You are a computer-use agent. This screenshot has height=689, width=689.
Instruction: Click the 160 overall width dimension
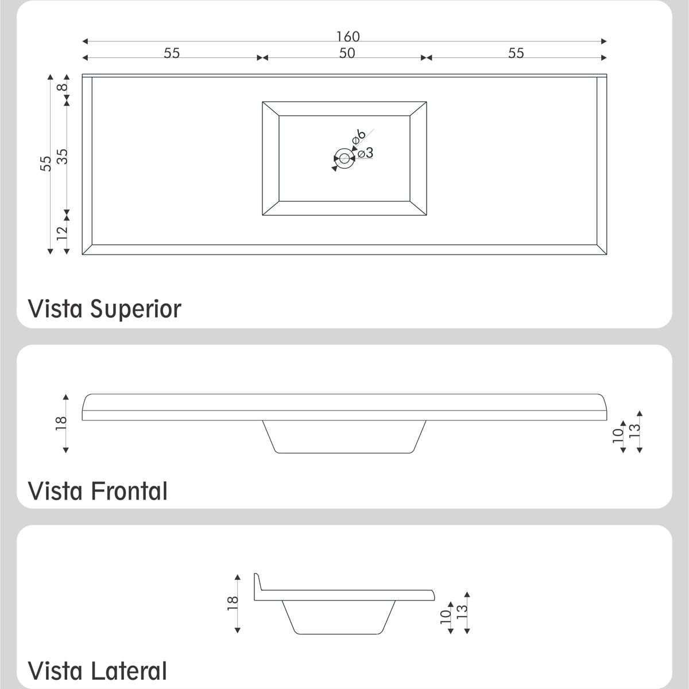348,37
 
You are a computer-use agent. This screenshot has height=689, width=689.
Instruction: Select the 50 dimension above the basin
347,53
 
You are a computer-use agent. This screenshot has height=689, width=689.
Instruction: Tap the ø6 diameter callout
358,136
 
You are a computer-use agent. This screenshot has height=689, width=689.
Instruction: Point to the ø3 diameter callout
365,153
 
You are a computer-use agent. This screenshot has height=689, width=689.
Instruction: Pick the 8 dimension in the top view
62,87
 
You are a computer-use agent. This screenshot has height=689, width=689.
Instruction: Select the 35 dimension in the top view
62,156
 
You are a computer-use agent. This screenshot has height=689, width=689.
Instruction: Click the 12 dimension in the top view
62,233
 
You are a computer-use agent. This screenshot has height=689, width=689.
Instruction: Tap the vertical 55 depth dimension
46,164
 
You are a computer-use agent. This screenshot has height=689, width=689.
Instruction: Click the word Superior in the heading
136,309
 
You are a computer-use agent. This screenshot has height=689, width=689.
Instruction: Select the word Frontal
129,491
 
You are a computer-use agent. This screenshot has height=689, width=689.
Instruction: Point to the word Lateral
129,671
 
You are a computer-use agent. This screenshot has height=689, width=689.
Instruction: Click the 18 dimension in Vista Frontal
61,423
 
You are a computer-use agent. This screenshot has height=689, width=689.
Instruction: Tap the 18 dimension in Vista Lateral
233,603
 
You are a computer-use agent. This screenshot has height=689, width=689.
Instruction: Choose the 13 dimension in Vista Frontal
634,431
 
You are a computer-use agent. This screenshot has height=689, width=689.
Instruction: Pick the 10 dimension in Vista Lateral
446,617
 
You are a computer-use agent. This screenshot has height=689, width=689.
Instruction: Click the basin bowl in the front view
344,437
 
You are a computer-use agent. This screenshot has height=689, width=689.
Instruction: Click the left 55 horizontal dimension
172,53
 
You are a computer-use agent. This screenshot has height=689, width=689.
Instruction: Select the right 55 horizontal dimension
516,53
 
